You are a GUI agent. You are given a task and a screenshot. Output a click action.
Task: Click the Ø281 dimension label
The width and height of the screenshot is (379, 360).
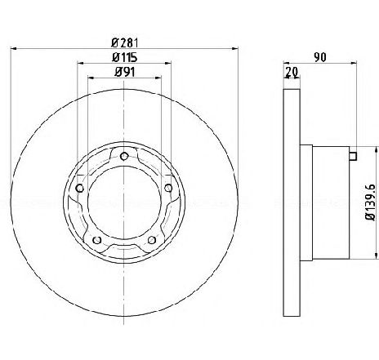pos(125,43)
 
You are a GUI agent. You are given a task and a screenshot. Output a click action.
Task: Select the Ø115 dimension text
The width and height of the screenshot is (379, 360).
pos(125,57)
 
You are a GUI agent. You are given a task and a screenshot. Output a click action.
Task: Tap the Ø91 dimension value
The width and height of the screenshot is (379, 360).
pos(125,72)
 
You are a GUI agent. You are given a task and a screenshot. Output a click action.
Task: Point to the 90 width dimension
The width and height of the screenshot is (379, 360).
pos(319,57)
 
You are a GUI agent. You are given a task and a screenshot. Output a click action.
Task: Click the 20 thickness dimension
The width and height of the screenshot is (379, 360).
pos(292,72)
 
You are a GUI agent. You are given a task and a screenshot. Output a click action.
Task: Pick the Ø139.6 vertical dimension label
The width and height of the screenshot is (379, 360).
pos(371,202)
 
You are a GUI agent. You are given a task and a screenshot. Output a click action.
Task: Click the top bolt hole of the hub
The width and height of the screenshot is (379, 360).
pos(124,156)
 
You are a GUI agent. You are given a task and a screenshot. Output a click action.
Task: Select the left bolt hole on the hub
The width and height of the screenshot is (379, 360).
pos(79,188)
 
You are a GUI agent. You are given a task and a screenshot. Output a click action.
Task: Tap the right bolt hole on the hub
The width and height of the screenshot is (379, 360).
pos(168,188)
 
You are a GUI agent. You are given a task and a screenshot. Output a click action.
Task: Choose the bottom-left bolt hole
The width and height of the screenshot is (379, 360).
pos(97,240)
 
